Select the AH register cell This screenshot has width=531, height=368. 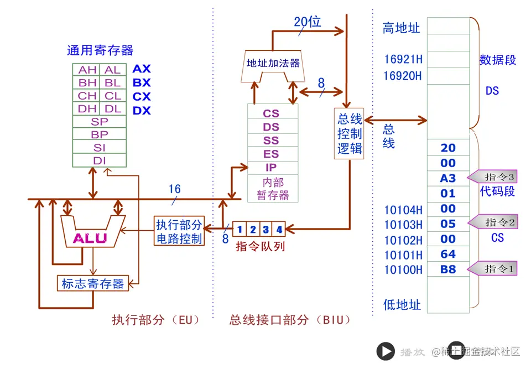point(87,70)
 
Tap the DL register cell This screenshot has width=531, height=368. point(113,109)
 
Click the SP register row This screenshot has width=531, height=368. point(100,122)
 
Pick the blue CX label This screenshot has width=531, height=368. point(142,96)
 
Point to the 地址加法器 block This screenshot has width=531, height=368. point(273,63)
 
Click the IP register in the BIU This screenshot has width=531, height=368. point(271,167)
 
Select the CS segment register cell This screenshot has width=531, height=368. point(271,113)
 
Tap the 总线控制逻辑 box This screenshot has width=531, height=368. point(350,133)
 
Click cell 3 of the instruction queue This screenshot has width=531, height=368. point(265,229)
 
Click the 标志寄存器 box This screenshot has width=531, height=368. point(93,283)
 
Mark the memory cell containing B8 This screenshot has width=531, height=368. point(448,269)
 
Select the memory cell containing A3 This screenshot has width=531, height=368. point(448,178)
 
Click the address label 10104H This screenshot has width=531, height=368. point(403,210)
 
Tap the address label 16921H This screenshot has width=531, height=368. point(403,59)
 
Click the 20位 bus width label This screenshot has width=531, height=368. point(307,22)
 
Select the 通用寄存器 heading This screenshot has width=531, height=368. point(100,50)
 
